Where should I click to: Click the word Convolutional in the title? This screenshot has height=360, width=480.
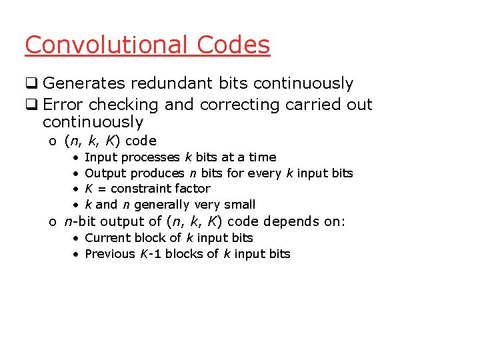pyautogui.click(x=107, y=45)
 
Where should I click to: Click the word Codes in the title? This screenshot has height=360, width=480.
pyautogui.click(x=233, y=45)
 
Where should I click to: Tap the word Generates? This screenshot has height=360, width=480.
pyautogui.click(x=84, y=83)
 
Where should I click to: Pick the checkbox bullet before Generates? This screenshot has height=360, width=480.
pyautogui.click(x=31, y=84)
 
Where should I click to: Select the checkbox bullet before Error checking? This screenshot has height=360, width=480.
pyautogui.click(x=31, y=105)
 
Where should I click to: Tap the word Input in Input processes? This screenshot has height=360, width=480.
pyautogui.click(x=99, y=157)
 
